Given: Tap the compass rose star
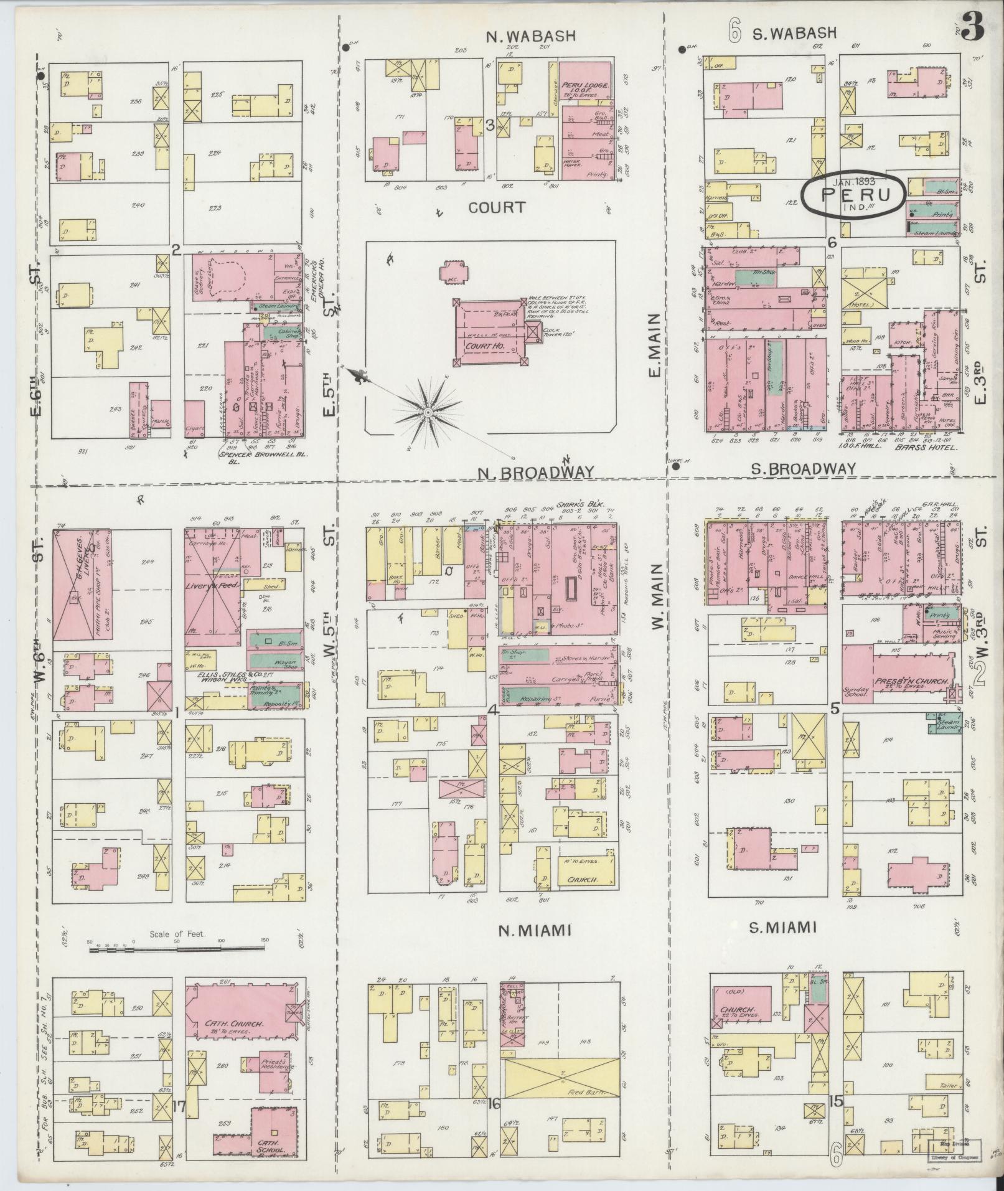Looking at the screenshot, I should tap(428, 413).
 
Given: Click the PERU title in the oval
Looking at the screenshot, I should tap(853, 194).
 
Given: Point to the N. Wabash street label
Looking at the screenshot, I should tap(530, 36).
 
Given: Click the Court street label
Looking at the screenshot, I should tap(497, 207).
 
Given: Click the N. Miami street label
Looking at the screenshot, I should tap(535, 930).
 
